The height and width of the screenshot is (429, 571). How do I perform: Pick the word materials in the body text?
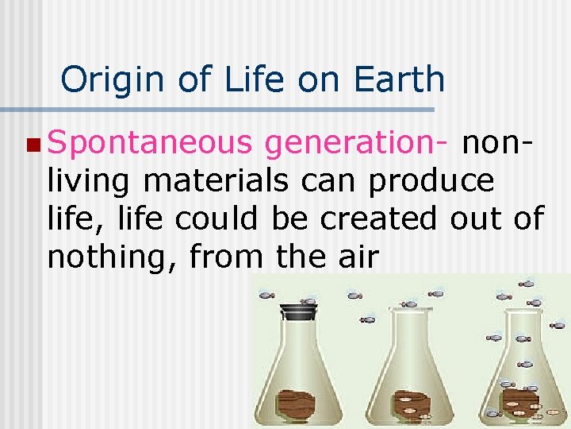click(216, 181)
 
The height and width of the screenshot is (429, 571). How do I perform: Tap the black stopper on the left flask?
click(299, 311)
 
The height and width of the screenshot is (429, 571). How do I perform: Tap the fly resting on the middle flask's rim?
click(409, 303)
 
